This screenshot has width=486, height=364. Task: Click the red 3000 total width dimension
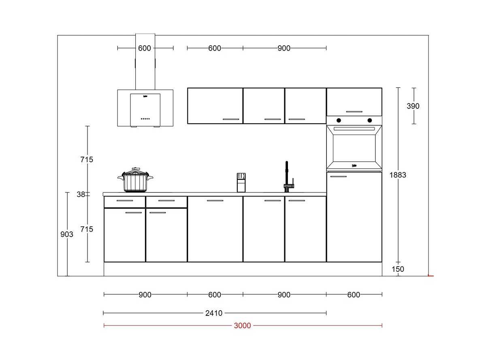[242, 326]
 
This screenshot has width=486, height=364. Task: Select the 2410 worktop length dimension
[214, 313]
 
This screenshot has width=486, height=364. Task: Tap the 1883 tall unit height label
[398, 175]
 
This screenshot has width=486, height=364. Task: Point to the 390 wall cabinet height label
[413, 106]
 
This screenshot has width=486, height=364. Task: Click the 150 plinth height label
[398, 269]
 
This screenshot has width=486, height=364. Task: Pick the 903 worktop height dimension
[67, 234]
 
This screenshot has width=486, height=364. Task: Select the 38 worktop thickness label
[81, 195]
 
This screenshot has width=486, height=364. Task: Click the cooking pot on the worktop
[135, 180]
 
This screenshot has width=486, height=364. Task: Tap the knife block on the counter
[241, 182]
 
